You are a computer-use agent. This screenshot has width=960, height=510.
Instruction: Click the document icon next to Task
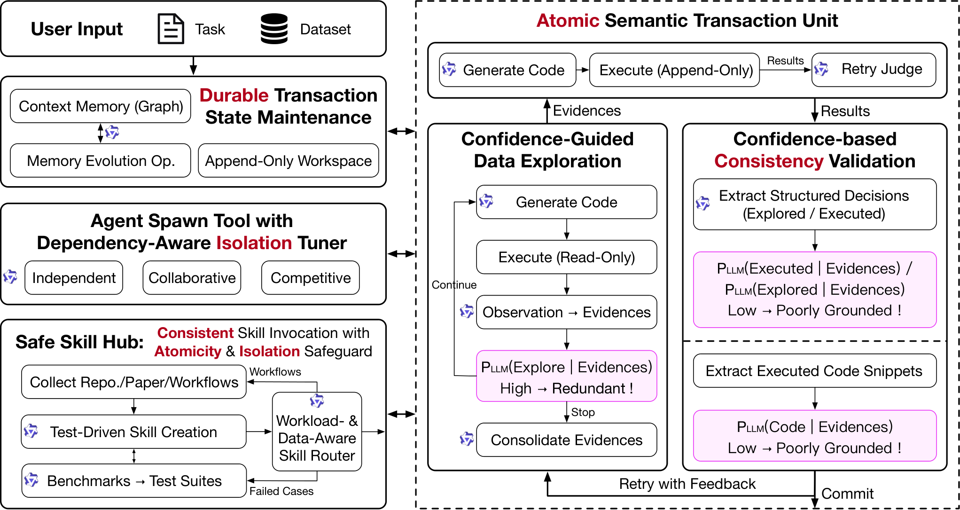[x=171, y=29]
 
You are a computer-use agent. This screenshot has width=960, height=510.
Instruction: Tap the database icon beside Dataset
[x=274, y=29]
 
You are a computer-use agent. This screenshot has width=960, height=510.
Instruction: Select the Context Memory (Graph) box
[x=101, y=106]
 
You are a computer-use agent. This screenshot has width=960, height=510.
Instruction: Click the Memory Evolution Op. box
[x=101, y=161]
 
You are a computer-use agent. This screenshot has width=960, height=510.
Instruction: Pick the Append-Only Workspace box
[x=289, y=161]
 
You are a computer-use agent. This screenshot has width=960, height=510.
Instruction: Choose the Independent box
[x=74, y=278]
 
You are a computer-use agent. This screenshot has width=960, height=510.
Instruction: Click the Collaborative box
[x=192, y=278]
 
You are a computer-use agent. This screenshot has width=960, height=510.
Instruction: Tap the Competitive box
[x=311, y=278]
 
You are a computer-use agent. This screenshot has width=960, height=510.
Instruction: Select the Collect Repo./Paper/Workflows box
[x=134, y=382]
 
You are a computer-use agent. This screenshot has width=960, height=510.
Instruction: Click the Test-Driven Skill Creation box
[x=134, y=432]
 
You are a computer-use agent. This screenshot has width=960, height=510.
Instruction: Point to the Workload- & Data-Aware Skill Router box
[x=317, y=432]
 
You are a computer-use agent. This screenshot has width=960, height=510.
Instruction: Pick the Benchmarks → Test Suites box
[x=134, y=481]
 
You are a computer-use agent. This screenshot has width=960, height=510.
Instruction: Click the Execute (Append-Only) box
[x=675, y=70]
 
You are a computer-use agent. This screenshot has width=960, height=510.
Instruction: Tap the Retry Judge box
[x=874, y=70]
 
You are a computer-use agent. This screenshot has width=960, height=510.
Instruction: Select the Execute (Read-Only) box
[x=567, y=257]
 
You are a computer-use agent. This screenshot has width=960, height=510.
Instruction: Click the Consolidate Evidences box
[x=567, y=440]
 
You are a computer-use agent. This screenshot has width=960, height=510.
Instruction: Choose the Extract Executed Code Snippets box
[x=815, y=371]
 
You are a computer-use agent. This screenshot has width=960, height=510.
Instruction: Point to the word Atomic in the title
[x=568, y=21]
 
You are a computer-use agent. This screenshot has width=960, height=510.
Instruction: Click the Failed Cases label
[x=281, y=491]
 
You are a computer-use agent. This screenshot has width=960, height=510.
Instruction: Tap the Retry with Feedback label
[x=687, y=484]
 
